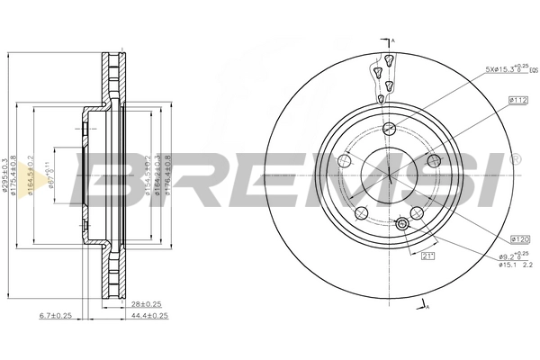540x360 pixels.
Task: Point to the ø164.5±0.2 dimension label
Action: click(x=31, y=175)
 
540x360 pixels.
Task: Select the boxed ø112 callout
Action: click(x=517, y=99)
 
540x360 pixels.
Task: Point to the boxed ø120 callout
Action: click(x=519, y=239)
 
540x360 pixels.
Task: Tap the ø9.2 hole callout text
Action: click(x=509, y=256)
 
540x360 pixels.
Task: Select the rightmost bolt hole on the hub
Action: click(x=434, y=161)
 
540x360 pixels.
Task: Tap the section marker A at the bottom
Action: click(x=426, y=309)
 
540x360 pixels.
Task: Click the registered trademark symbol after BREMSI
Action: click(x=516, y=158)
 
